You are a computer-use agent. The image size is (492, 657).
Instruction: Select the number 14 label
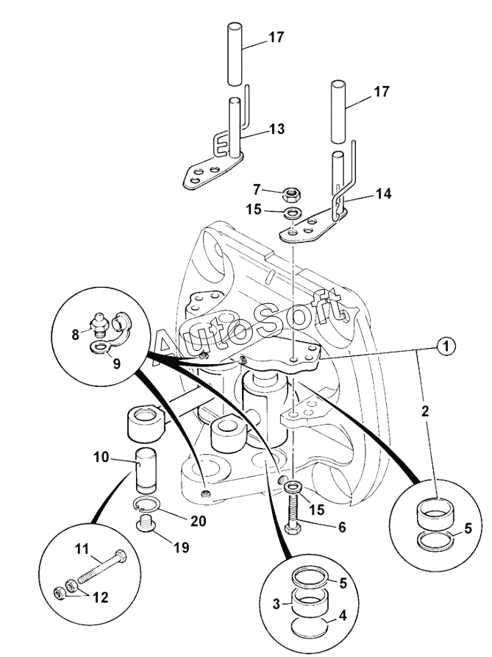[x=382, y=194]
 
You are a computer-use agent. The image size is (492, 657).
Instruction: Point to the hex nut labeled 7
[x=292, y=194]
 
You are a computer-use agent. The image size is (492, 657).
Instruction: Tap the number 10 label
[x=101, y=457]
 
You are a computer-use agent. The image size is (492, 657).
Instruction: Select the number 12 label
[x=101, y=597]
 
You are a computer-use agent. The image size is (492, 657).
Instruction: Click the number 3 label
[x=277, y=604]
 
